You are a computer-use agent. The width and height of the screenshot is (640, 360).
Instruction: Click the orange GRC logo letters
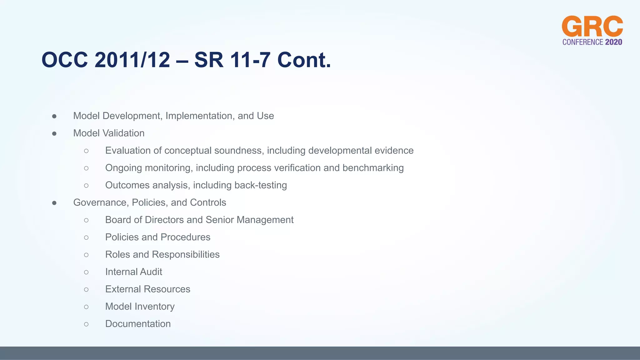(x=592, y=27)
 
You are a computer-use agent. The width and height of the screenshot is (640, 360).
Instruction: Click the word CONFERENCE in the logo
(x=582, y=42)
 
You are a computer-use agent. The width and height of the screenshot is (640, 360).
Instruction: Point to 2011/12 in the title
(x=132, y=60)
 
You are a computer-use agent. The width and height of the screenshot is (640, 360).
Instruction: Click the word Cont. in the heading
(x=304, y=60)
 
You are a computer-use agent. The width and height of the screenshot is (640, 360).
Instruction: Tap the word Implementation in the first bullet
(x=200, y=116)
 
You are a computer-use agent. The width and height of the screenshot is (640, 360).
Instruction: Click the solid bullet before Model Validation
(x=54, y=134)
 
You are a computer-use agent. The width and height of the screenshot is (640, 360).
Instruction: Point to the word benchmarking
(x=373, y=168)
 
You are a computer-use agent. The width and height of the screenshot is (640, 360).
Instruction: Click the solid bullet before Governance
(x=54, y=203)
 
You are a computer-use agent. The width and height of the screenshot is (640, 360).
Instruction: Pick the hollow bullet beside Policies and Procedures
(x=86, y=237)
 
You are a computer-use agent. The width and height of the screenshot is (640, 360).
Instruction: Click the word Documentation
(x=138, y=324)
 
